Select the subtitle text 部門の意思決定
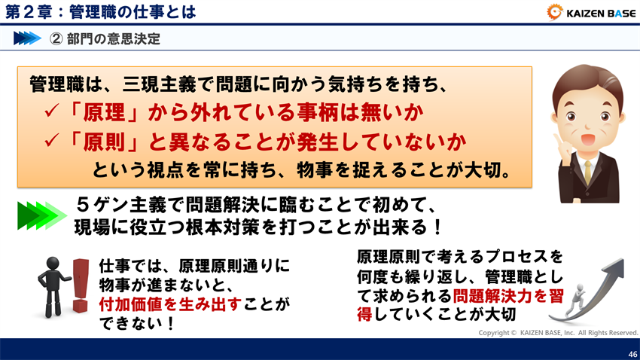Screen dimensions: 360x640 [113, 38]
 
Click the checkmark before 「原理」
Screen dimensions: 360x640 [52, 113]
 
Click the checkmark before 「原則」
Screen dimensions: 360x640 [52, 141]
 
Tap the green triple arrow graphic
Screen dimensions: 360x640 [42, 215]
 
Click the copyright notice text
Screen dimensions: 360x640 [558, 332]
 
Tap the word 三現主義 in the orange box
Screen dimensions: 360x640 [144, 84]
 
